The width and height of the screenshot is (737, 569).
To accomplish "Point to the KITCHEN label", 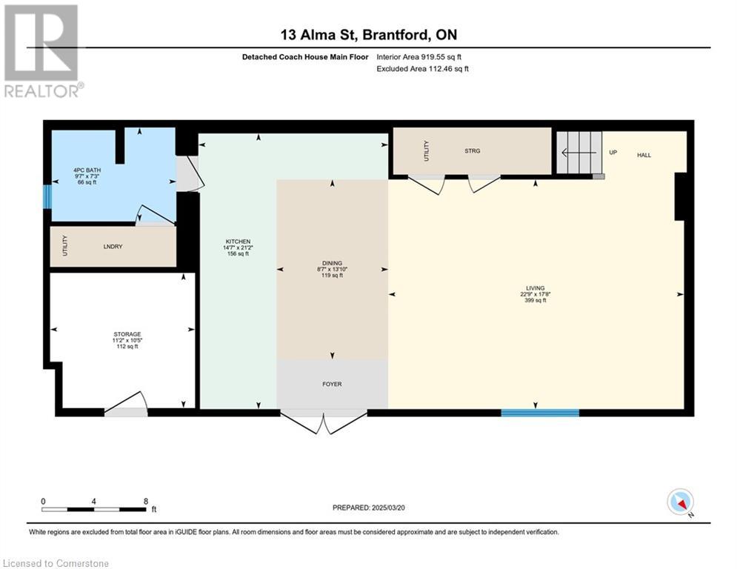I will click(238, 242).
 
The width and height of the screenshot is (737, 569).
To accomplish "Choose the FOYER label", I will click(331, 384).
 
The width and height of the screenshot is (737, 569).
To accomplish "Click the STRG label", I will click(472, 151).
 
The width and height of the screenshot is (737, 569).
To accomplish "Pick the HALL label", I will click(644, 155).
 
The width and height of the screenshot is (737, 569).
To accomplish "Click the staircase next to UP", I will click(579, 153).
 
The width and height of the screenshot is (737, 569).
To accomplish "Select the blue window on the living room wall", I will click(539, 413).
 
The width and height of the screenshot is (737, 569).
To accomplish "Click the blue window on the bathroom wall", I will click(47, 197).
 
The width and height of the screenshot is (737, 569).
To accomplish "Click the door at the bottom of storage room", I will click(126, 405).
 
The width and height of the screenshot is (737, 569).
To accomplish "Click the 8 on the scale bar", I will click(146, 501).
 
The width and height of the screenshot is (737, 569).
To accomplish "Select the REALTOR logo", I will click(42, 50).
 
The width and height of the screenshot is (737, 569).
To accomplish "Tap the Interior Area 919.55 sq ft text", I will click(422, 56).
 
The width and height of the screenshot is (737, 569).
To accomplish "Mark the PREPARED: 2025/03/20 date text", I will click(369, 508).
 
